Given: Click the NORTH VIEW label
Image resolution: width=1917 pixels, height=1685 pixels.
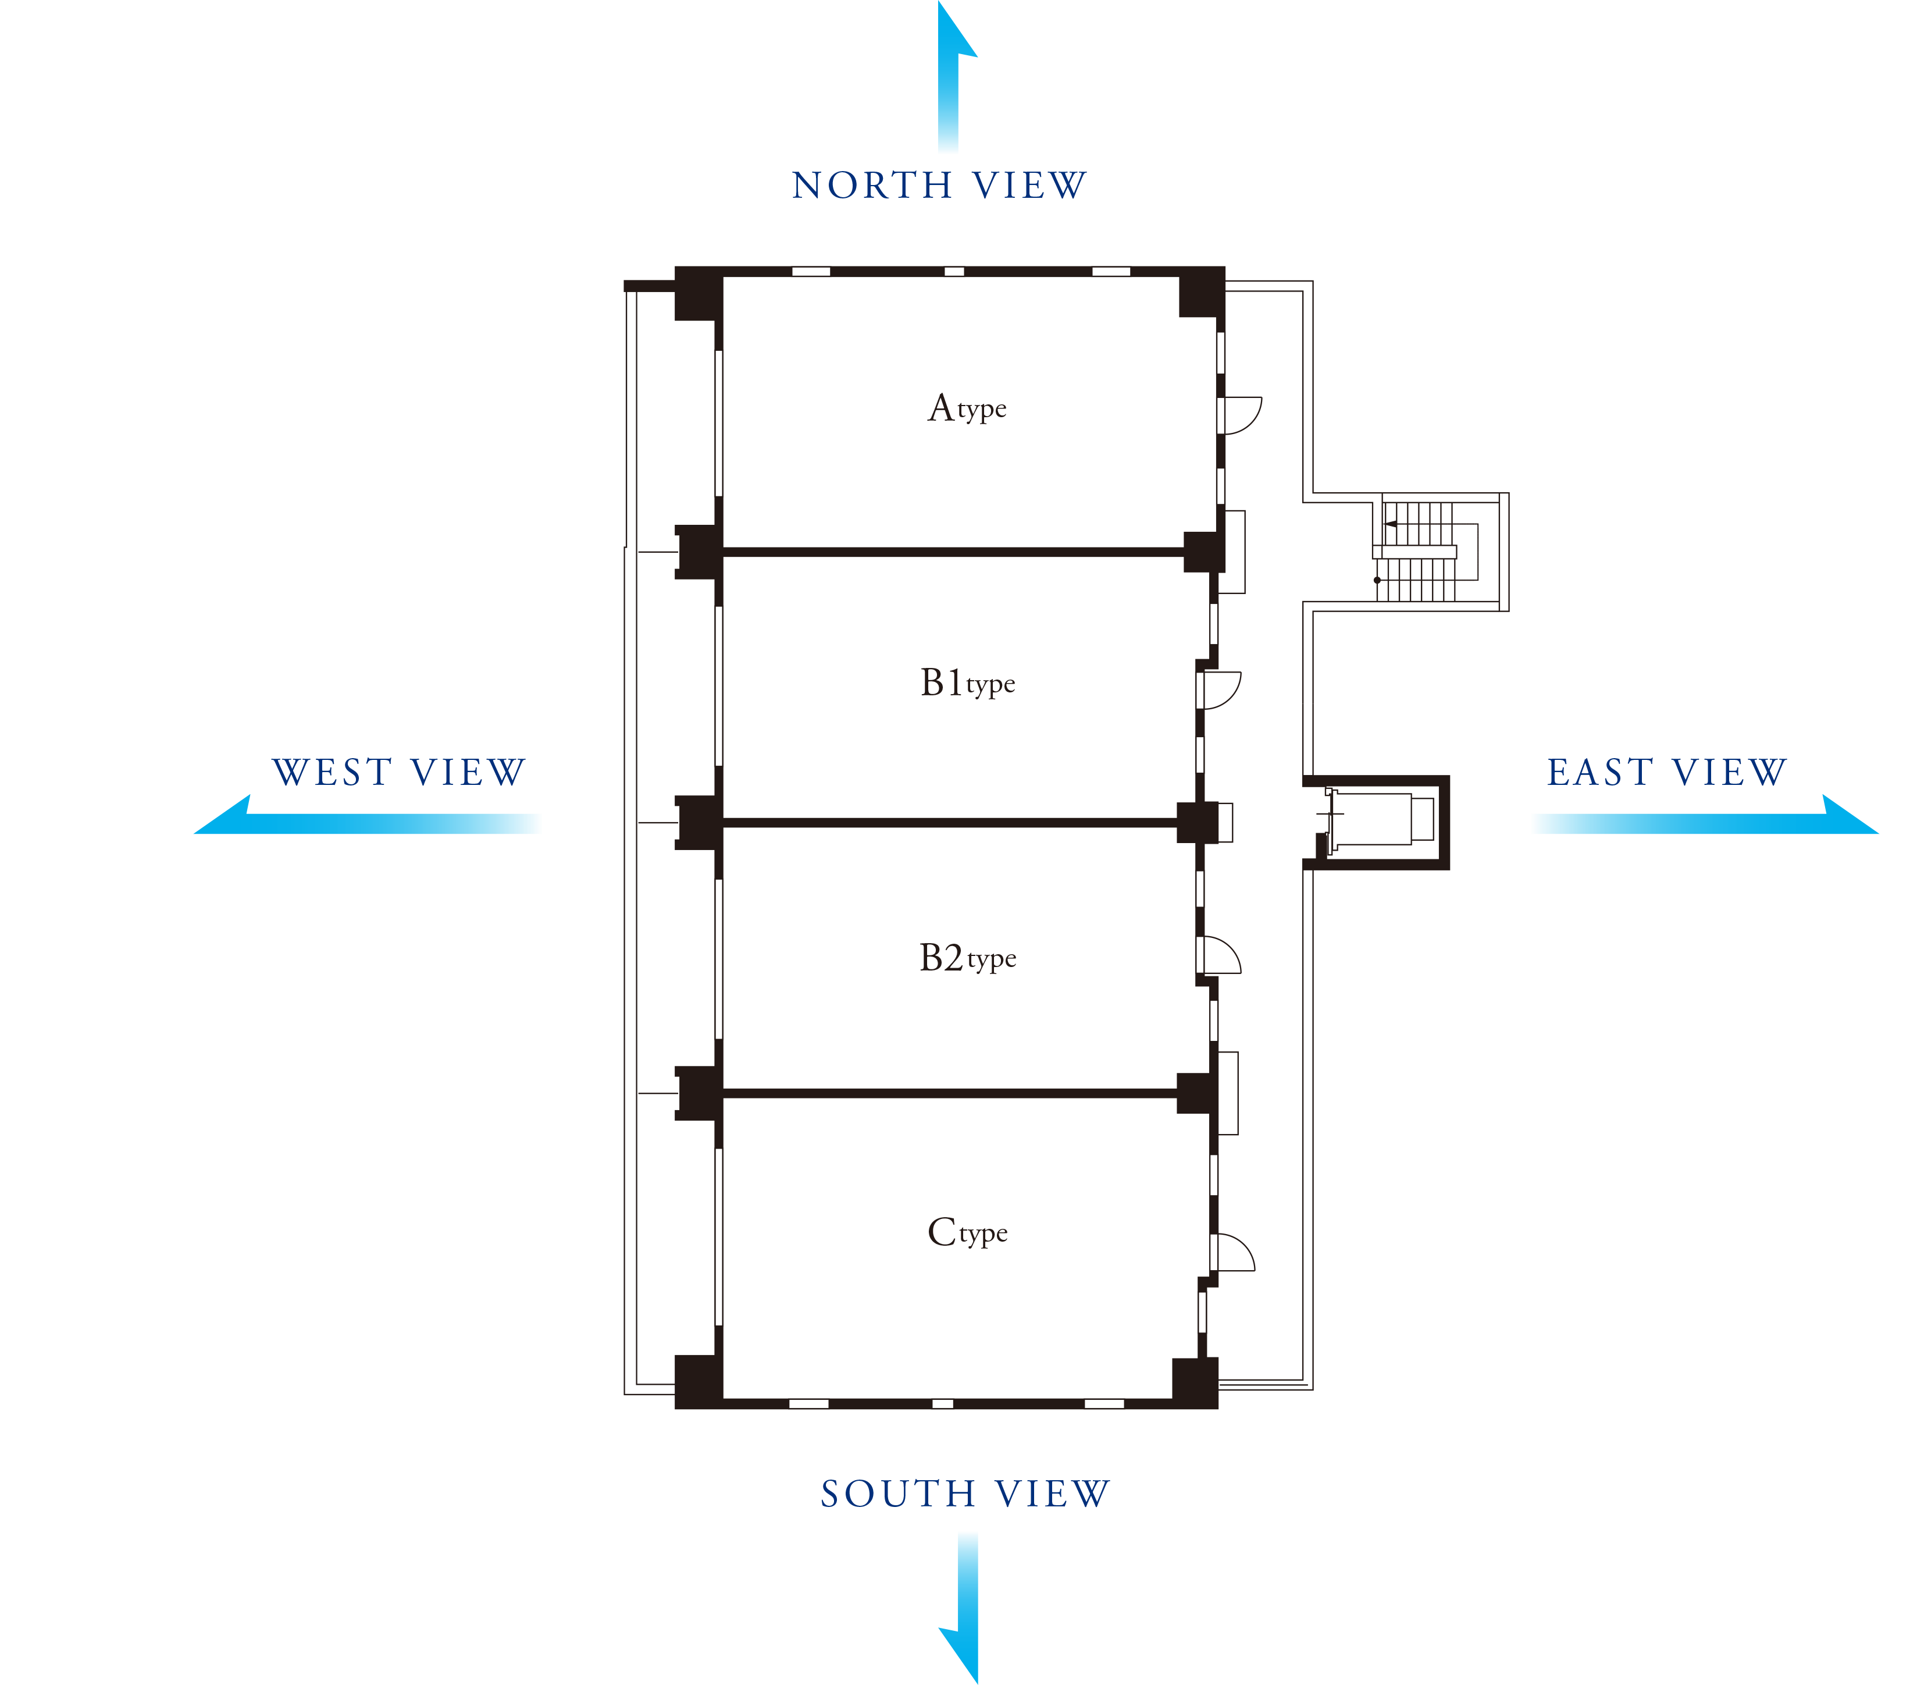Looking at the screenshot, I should point(939,186).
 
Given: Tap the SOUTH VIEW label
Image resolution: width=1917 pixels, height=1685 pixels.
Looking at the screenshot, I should point(965,1494).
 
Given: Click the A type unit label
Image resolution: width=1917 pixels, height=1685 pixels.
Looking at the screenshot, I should point(967,408).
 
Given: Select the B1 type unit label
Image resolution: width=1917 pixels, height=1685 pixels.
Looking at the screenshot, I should point(967,683).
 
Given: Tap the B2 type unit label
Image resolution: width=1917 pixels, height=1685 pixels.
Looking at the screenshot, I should point(967,958).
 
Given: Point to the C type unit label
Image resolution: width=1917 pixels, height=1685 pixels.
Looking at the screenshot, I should point(967,1232).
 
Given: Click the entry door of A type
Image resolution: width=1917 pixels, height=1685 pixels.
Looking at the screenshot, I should point(1240,415).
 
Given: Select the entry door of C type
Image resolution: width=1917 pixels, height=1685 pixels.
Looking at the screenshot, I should point(1233,1253).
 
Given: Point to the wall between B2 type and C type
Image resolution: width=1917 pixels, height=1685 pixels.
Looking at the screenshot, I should point(949,1093).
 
